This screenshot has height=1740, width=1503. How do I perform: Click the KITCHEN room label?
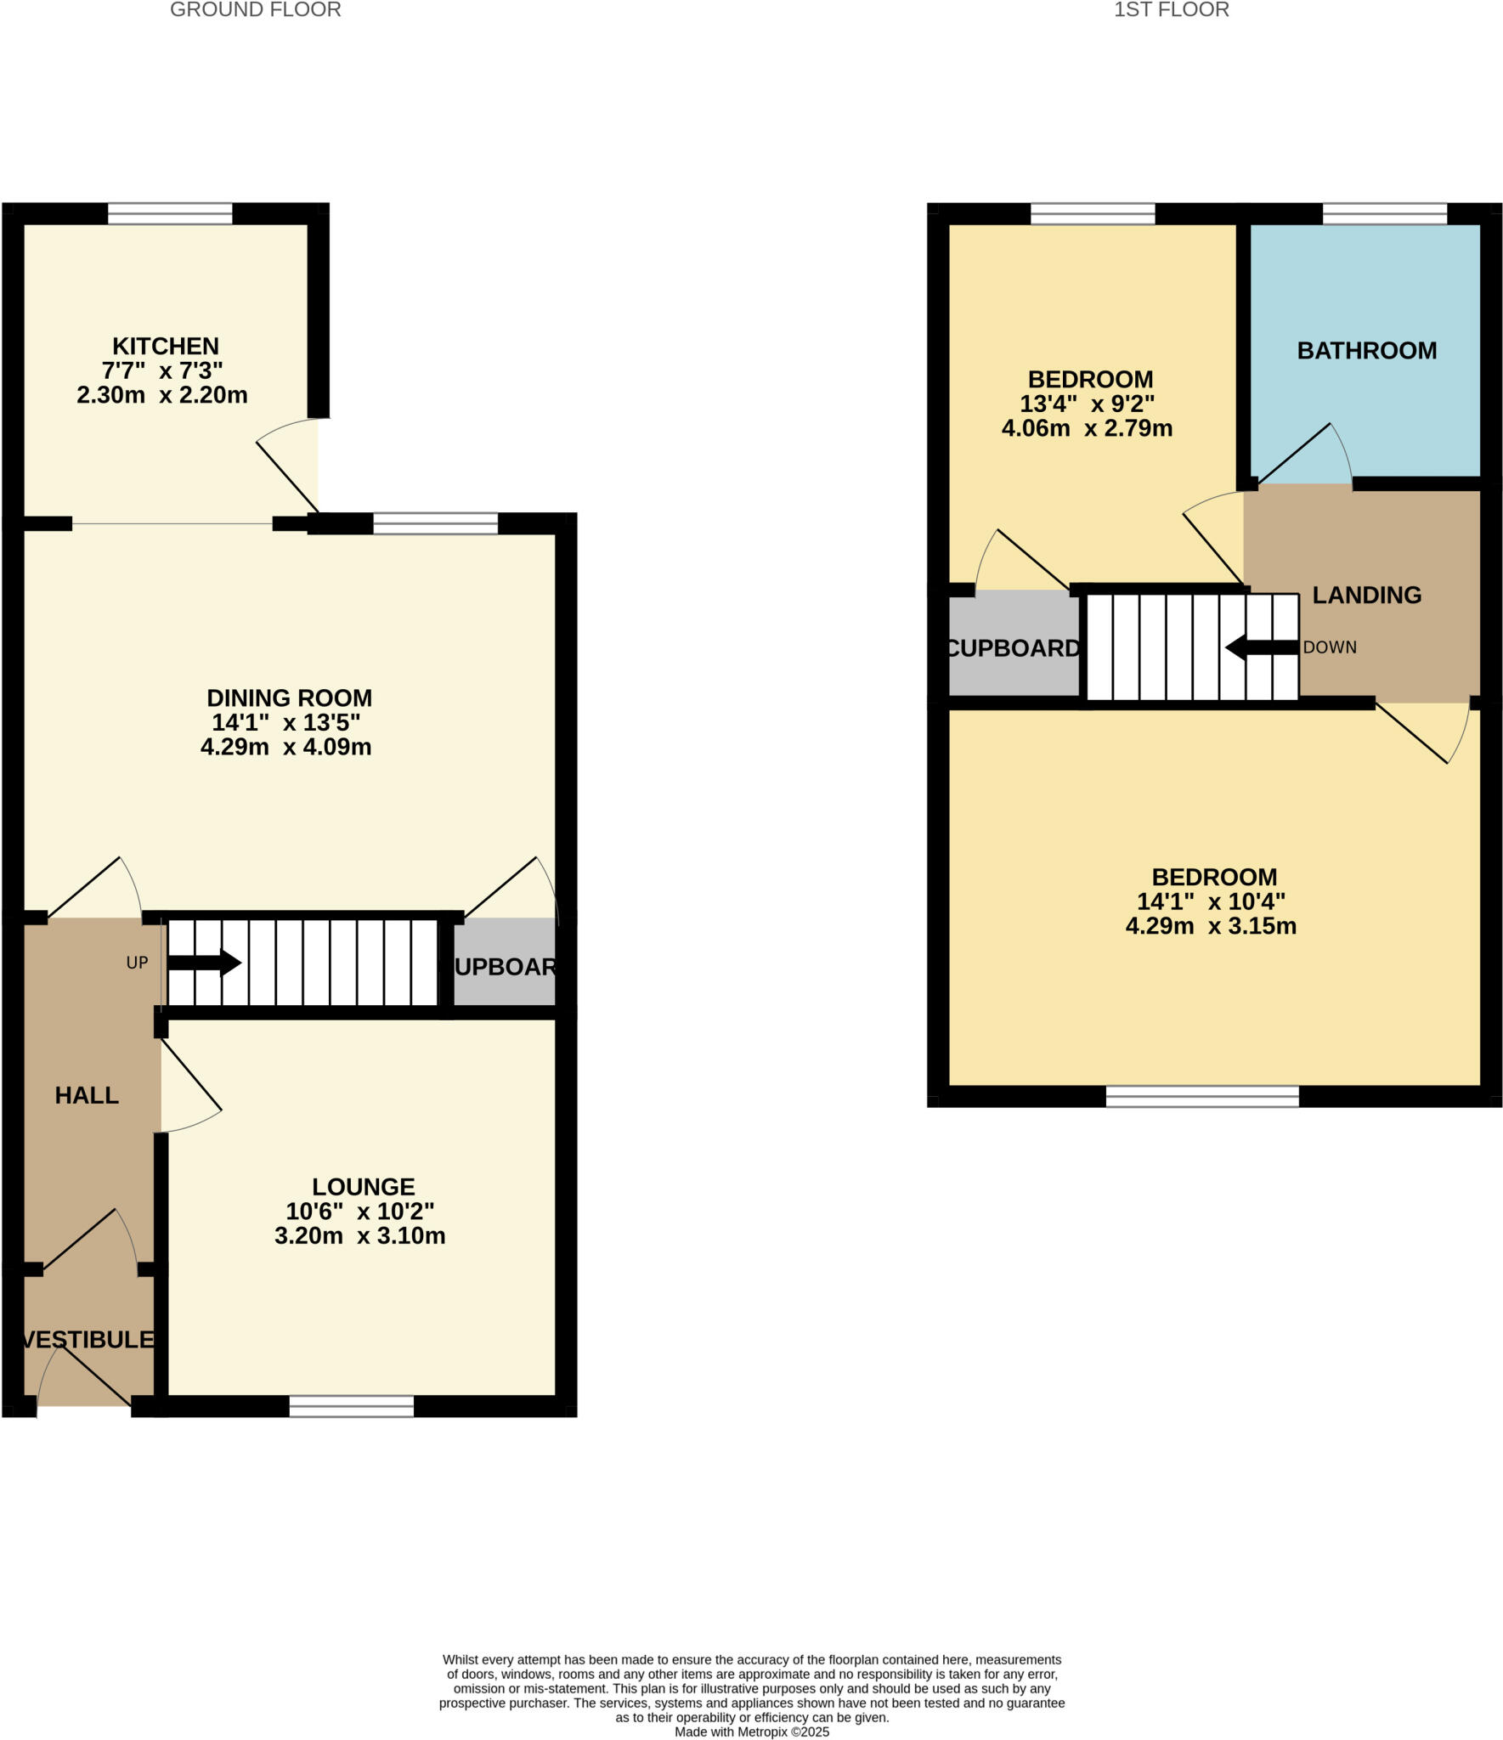pos(166,346)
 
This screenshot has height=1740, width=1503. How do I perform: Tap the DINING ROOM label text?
pos(289,698)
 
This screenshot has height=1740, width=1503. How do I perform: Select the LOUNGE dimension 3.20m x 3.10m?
pos(359,1235)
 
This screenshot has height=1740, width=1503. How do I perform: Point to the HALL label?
pos(87,1095)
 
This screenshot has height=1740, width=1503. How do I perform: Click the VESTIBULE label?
pos(88,1340)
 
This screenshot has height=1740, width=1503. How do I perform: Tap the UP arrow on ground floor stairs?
pos(204,963)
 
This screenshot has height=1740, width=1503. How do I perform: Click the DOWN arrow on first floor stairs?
pos(1262,647)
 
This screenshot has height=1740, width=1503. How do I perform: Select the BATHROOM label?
pos(1366,350)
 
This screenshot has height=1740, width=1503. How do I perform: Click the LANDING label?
pos(1366,595)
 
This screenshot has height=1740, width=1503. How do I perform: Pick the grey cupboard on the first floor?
pos(1013,647)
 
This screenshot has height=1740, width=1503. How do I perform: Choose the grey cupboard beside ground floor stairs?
pos(505,966)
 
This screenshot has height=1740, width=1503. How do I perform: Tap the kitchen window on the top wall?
pos(170,213)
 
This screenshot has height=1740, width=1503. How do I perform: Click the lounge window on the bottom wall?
pos(351,1406)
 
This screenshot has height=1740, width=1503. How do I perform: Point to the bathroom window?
pos(1384,213)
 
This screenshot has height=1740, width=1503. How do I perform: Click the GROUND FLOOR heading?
pos(255,10)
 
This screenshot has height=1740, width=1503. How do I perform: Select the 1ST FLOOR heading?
pos(1171,10)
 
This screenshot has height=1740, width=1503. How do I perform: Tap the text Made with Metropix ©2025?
pos(751,1732)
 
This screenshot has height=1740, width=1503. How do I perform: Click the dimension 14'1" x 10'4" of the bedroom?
pos(1211,901)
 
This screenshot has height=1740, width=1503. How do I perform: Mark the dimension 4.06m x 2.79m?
pos(1087,428)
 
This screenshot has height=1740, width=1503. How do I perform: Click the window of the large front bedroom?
pos(1201,1096)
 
